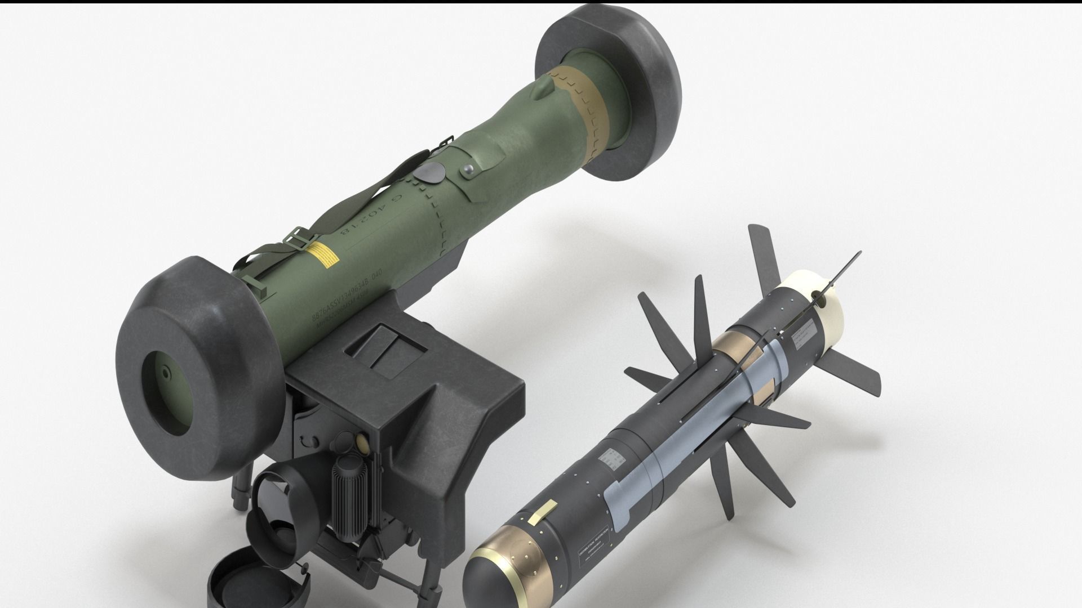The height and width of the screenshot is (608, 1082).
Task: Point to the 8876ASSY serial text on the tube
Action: click(338, 303)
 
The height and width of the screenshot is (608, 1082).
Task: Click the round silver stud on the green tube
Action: click(465, 169)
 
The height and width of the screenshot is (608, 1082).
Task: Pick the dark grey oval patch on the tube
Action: click(428, 174)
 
